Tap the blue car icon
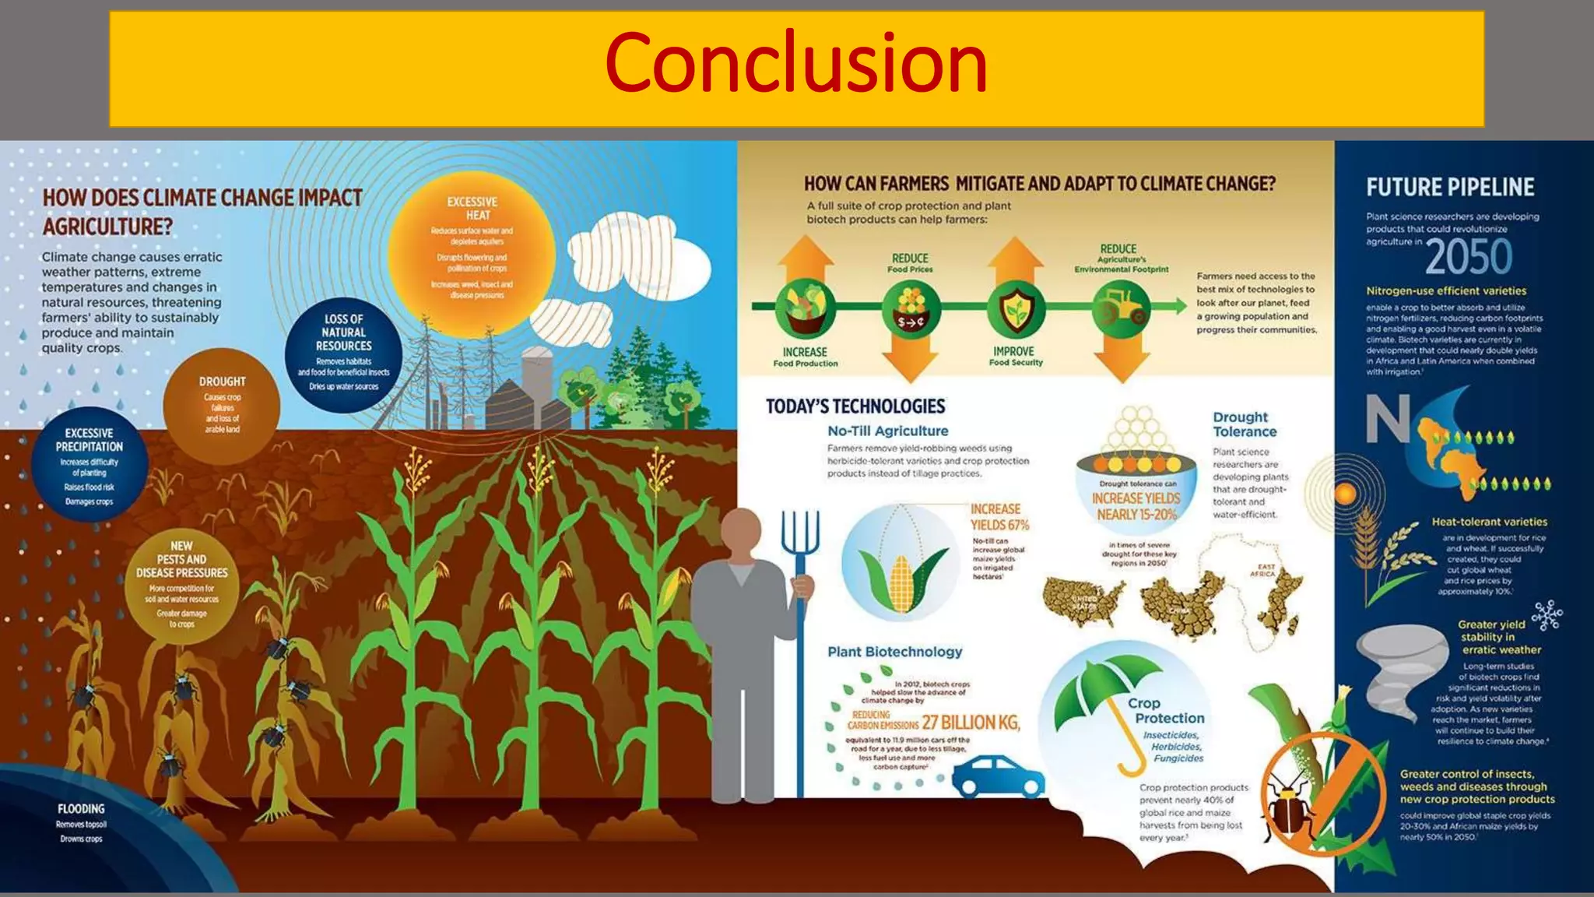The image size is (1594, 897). [998, 774]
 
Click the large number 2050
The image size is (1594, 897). [1468, 257]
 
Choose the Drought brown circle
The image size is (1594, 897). [222, 405]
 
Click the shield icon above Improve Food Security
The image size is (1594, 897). [1016, 309]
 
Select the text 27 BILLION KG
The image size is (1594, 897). [970, 723]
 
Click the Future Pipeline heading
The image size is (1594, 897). [1450, 188]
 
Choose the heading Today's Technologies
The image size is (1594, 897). [855, 406]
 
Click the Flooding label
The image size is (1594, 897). [81, 809]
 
